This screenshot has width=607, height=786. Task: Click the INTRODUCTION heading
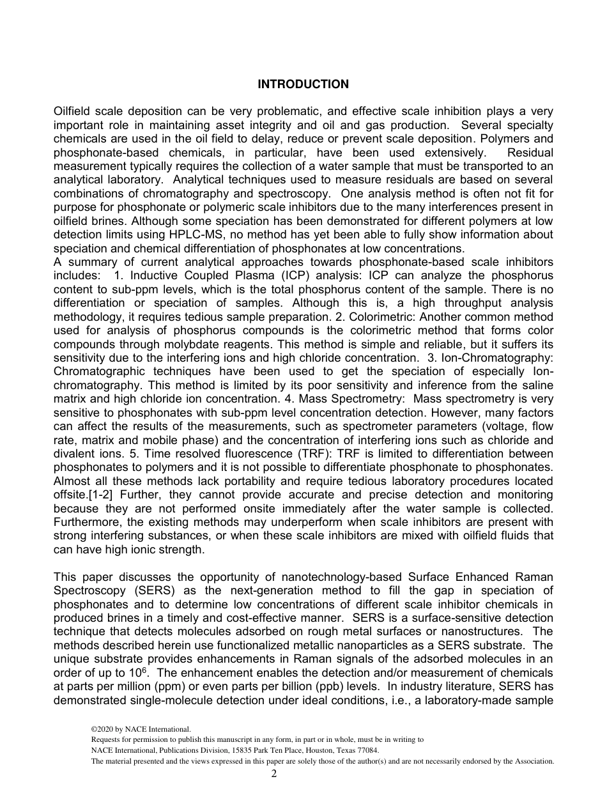(x=303, y=84)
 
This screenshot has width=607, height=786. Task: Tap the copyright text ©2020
(x=106, y=728)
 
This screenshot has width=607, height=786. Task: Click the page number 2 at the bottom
(x=274, y=774)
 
